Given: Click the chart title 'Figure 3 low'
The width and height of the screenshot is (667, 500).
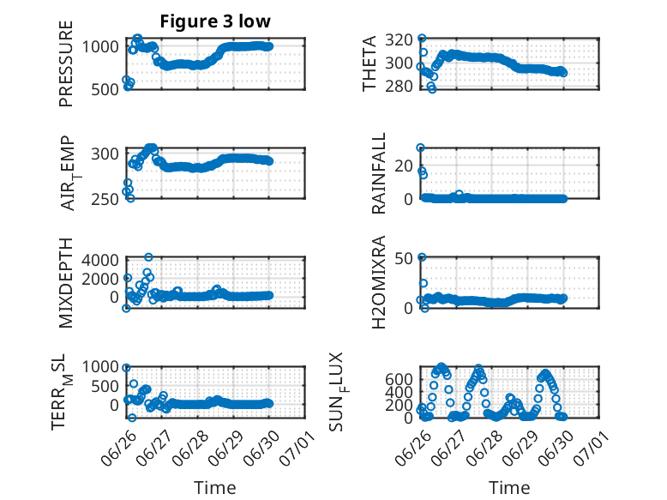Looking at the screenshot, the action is (x=215, y=21).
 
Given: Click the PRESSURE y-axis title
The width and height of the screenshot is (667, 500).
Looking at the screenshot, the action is (x=66, y=63).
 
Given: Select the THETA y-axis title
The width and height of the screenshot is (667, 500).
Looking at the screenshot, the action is (x=370, y=63).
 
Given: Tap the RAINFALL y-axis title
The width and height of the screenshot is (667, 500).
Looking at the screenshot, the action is (x=379, y=173).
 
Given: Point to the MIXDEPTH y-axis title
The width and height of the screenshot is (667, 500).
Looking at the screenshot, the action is (x=66, y=283).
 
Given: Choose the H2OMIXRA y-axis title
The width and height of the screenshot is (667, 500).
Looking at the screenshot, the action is (x=379, y=282).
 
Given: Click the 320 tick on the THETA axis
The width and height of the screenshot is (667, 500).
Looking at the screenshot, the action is (x=399, y=40).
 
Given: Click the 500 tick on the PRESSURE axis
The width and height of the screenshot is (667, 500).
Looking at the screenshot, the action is (x=105, y=90).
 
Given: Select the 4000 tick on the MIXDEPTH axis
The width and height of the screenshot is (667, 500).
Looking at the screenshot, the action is (x=100, y=260).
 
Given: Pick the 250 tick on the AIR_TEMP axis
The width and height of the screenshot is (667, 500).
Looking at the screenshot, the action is (x=105, y=199).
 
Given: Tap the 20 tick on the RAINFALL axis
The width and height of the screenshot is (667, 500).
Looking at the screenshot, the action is (x=404, y=166).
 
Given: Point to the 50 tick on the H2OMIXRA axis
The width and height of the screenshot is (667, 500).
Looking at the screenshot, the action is (x=404, y=258).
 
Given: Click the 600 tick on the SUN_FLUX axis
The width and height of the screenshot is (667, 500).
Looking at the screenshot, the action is (x=399, y=379).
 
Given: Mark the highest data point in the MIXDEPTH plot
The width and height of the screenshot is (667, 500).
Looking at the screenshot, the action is (x=148, y=257).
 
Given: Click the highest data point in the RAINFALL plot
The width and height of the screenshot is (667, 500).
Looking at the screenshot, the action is (x=421, y=148).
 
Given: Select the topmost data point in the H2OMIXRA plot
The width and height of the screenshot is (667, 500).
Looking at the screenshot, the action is (x=422, y=257).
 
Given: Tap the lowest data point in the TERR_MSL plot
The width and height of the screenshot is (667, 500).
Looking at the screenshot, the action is (x=132, y=418).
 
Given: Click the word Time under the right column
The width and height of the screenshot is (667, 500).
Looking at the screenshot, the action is (x=509, y=488).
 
